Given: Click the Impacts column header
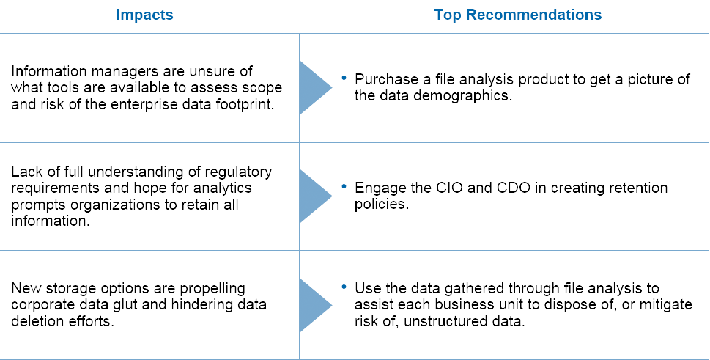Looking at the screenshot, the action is coord(144,15).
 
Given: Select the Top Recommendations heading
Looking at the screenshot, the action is coord(517,15).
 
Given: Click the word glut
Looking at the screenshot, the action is coord(126,305).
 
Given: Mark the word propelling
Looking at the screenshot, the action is coord(212,289).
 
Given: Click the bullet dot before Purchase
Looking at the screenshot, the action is coord(344,78).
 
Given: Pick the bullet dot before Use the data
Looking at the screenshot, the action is coord(344,287).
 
